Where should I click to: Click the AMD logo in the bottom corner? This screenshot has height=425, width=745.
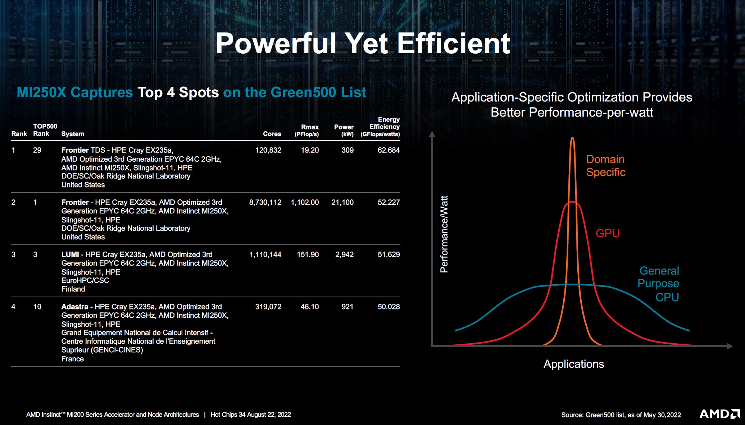point(719,414)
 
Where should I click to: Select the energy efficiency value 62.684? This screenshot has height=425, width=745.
point(389,150)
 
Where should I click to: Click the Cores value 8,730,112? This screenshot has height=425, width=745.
point(265,202)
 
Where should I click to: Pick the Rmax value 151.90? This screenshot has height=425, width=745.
point(308,254)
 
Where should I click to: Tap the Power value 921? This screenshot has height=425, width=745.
point(347,307)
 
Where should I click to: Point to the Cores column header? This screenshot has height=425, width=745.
point(272,134)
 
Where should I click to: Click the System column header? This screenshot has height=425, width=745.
point(73,134)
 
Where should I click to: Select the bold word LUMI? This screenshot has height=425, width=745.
point(70,254)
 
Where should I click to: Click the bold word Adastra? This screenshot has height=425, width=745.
point(75,307)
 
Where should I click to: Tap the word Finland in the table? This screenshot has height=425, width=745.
point(73,289)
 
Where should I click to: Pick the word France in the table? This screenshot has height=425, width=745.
point(73,359)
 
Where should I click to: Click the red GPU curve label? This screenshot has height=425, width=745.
point(608,233)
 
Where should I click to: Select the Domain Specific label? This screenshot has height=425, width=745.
point(606,166)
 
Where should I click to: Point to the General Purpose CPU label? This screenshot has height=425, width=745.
point(658,284)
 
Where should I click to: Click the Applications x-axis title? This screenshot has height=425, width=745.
point(574,364)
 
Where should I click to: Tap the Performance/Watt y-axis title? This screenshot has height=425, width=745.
point(444,234)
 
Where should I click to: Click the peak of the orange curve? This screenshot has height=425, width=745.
point(572,138)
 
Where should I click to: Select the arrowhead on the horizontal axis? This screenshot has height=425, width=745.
point(730,346)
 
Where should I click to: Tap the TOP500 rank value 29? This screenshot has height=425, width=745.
point(37,150)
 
